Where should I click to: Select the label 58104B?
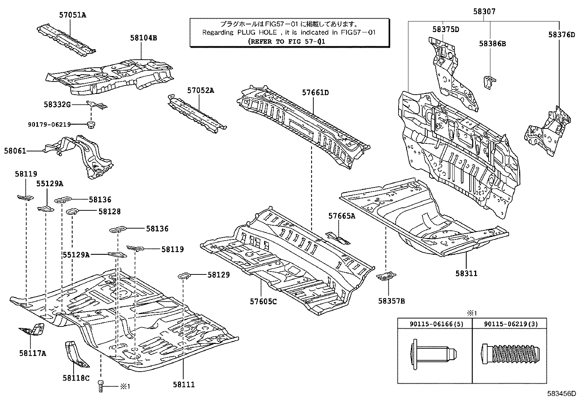144,37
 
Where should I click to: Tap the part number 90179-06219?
49,124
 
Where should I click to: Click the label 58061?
15,150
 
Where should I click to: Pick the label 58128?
109,211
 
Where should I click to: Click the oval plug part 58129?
184,276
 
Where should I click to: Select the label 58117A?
33,353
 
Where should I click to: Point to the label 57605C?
263,301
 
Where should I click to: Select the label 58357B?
391,301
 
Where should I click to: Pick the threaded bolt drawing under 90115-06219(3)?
509,353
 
